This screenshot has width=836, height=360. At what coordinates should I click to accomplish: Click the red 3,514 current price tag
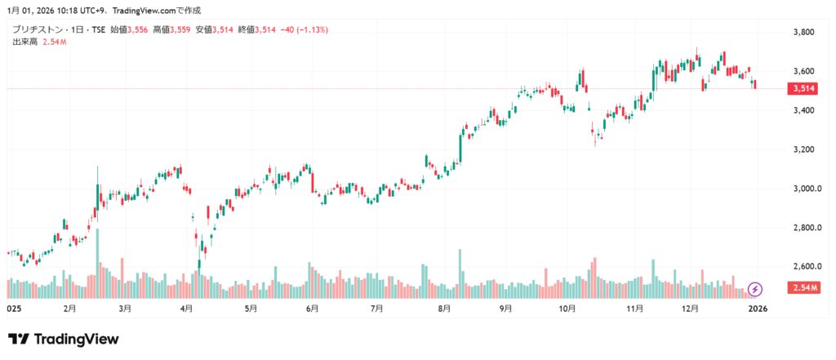803,88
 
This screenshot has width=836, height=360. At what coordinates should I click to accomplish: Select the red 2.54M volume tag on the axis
803,288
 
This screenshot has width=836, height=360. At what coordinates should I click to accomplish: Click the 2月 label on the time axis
69,309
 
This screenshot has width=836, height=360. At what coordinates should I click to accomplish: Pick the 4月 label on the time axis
186,309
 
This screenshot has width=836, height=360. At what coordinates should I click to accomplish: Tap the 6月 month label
311,309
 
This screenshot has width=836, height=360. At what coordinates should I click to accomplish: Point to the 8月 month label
444,309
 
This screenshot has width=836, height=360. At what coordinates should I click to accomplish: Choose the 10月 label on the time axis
567,309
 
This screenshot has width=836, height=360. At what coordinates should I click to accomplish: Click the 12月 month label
691,309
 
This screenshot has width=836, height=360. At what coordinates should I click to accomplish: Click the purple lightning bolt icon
756,289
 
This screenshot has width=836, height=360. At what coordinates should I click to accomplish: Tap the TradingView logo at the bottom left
64,339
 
